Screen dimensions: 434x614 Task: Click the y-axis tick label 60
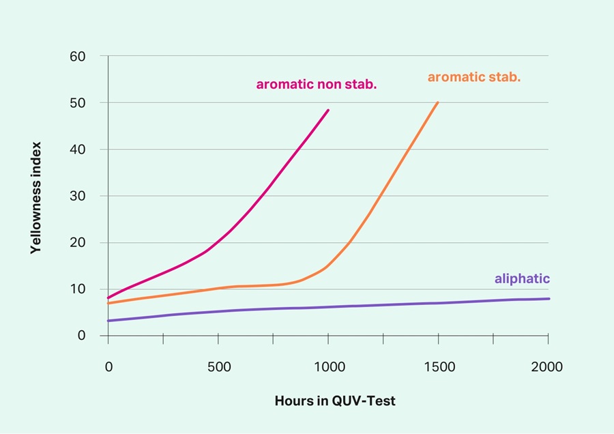pos(77,56)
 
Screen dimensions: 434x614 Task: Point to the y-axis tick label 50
pos(77,102)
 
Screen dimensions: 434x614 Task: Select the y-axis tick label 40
pos(77,149)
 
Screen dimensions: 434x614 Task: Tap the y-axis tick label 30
pos(77,196)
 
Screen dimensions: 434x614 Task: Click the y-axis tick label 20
pos(77,242)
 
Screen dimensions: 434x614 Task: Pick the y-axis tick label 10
pos(77,289)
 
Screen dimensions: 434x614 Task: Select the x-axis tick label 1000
pos(328,367)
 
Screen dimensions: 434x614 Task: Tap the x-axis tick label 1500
pos(439,367)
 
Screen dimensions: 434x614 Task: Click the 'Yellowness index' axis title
pos(36,198)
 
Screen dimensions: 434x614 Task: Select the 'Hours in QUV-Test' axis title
pos(335,401)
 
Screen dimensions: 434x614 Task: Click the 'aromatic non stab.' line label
pos(317,85)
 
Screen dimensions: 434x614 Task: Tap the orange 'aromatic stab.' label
pos(474,77)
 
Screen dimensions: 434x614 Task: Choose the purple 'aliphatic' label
pos(522,278)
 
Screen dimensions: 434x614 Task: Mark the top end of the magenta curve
pos(328,110)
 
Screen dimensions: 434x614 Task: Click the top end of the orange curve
pos(438,102)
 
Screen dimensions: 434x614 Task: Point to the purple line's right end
pos(549,299)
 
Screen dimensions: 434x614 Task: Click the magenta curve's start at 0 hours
pos(108,298)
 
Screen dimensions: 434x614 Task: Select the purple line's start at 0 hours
pos(108,321)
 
